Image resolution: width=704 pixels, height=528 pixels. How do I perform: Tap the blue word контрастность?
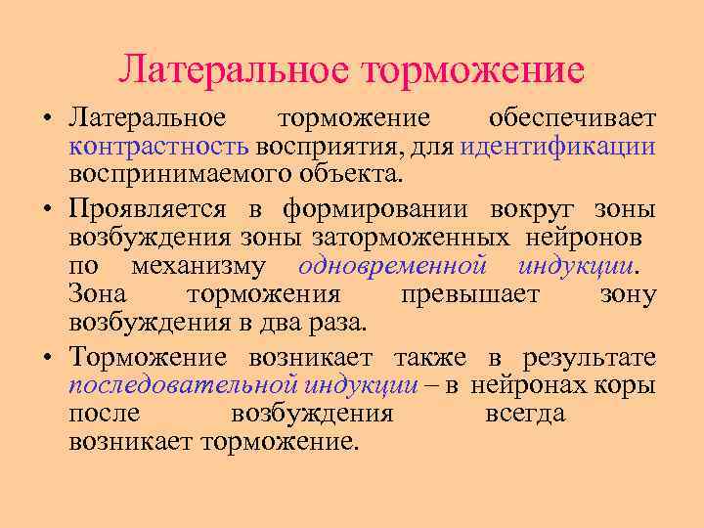(x=159, y=147)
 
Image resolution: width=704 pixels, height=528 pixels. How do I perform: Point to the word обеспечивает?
(x=572, y=118)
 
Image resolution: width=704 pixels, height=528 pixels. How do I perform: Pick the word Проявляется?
(x=148, y=209)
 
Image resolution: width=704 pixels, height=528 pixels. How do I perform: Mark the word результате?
(x=588, y=357)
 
